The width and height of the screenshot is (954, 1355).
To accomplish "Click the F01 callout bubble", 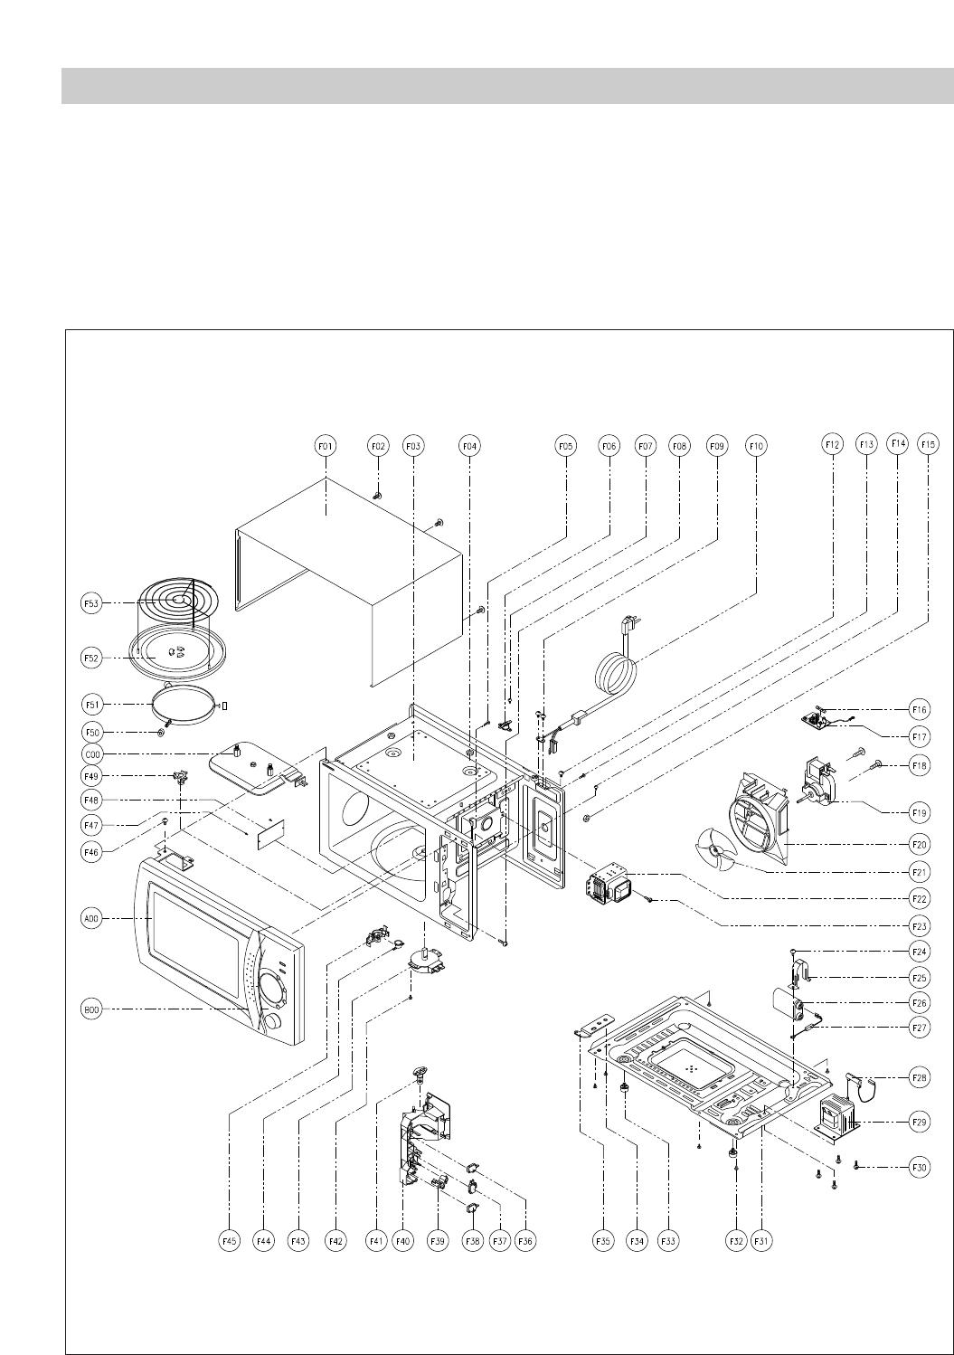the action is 326,446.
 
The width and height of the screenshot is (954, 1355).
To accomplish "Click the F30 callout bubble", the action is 920,1168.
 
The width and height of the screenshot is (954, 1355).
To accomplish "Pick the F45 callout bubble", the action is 230,1242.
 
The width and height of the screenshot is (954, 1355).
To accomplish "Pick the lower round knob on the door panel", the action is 271,1021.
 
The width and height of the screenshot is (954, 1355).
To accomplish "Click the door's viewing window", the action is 194,932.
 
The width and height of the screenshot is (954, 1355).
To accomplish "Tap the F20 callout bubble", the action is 920,843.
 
